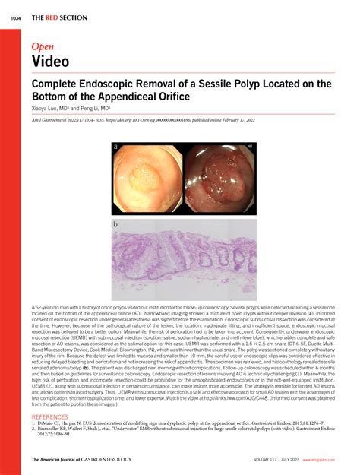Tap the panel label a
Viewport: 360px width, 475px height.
[115, 147]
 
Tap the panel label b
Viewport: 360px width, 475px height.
[115, 226]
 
